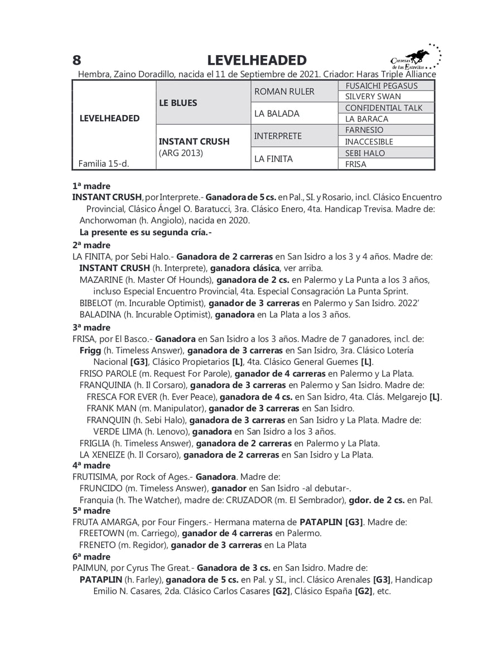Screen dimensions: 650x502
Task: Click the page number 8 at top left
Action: click(x=77, y=60)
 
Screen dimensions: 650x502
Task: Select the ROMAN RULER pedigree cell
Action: click(x=284, y=91)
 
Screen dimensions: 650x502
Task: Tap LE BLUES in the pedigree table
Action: click(x=178, y=103)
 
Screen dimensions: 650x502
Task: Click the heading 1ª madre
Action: click(x=91, y=186)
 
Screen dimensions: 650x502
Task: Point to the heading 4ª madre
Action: click(x=91, y=465)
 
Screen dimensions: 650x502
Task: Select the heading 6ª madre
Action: click(x=91, y=557)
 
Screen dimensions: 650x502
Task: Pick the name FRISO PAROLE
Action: click(x=108, y=373)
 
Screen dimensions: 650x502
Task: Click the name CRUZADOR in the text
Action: click(x=249, y=500)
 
